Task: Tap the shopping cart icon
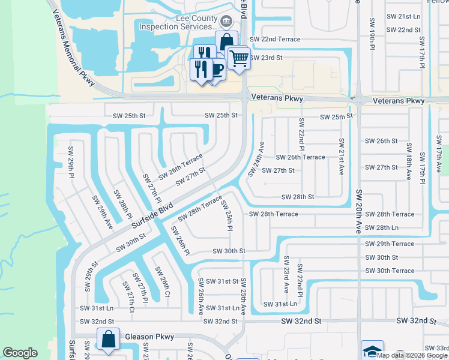[239, 58]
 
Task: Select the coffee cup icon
[215, 68]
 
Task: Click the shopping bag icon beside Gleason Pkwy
[108, 338]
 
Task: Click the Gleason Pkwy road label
[149, 337]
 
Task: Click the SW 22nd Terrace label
[274, 39]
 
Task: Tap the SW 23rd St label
[265, 58]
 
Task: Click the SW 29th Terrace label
[390, 244]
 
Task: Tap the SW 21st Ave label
[341, 157]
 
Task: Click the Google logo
[20, 353]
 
